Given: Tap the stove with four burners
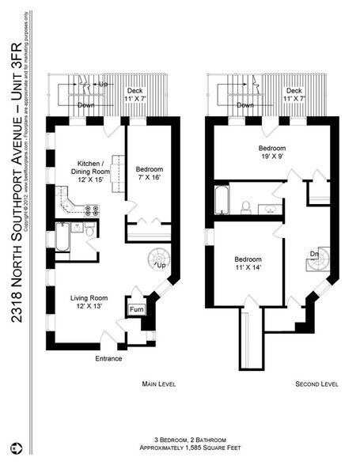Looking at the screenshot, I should click(x=90, y=211).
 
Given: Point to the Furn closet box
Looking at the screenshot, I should click(x=135, y=308).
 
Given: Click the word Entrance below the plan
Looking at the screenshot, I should click(x=108, y=358).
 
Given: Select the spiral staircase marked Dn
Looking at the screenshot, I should click(x=314, y=258).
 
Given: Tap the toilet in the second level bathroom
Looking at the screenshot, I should click(x=246, y=207).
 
